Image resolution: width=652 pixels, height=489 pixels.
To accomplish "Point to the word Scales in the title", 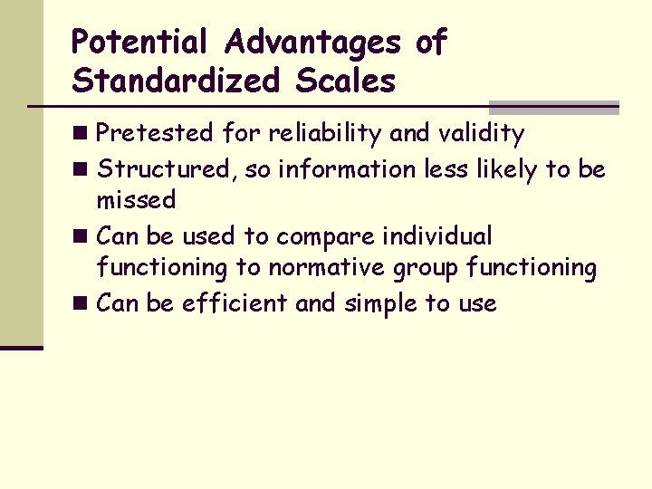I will [x=345, y=81].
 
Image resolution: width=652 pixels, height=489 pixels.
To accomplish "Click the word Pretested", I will [x=155, y=134].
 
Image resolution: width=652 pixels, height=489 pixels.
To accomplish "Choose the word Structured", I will [x=167, y=168].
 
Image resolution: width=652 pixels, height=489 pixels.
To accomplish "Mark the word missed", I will [x=136, y=200].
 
